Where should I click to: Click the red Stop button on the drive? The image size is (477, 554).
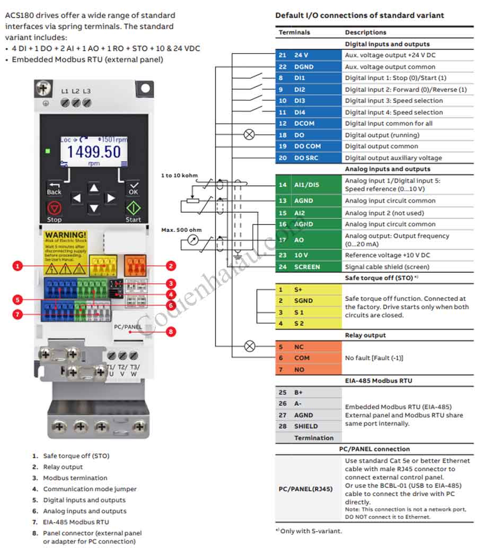(54, 207)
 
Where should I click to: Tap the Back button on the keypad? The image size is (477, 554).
(54, 187)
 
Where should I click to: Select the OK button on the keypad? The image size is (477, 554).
(133, 187)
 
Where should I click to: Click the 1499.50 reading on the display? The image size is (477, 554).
(94, 152)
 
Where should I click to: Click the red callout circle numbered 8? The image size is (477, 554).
(171, 332)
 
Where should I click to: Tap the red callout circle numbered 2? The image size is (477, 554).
(171, 265)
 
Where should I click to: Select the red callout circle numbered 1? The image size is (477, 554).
(18, 265)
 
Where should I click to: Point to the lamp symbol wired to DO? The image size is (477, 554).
(249, 135)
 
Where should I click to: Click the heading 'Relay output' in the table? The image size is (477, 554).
(365, 335)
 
